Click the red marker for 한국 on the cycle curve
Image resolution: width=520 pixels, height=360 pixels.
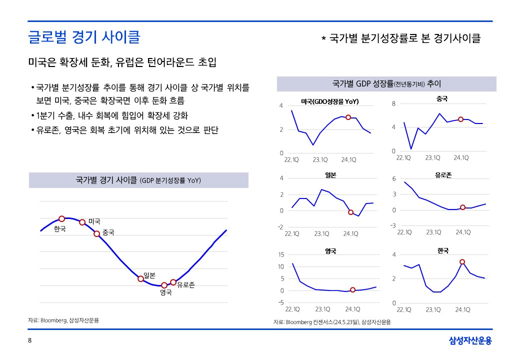pos(62,218)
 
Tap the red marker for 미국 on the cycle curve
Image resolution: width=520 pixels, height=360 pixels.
pos(82,222)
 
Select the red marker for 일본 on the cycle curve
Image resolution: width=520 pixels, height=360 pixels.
pos(141,278)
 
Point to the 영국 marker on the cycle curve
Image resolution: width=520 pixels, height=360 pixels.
pos(164,285)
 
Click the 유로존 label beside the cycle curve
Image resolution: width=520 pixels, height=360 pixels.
pos(185,285)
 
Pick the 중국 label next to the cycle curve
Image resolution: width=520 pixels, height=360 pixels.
pos(108,232)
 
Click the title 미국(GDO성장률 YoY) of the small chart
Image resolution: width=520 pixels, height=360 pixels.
pos(330,101)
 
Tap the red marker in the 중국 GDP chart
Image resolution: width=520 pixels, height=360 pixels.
pos(460,119)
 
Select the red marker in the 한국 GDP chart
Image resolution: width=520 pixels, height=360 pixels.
pos(462,261)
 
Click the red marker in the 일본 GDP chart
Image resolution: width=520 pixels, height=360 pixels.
pos(350,212)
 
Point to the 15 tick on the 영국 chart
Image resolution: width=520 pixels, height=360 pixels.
pos(280,255)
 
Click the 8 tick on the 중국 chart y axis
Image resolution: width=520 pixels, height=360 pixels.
pos(393,103)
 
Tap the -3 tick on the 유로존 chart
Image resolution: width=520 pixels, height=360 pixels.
pos(393,226)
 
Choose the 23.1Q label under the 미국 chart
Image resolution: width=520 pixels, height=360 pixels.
pos(320,160)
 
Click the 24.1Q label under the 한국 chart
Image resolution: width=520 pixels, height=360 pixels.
pos(462,309)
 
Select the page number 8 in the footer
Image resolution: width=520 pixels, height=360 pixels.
pos(29,341)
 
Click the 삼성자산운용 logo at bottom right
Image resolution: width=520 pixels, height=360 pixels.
pos(470,341)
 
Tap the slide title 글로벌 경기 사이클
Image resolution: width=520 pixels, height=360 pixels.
pos(84,37)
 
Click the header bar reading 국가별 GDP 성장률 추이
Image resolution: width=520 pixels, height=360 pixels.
pos(386,83)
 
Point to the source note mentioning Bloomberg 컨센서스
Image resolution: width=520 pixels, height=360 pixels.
pos(332,322)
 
